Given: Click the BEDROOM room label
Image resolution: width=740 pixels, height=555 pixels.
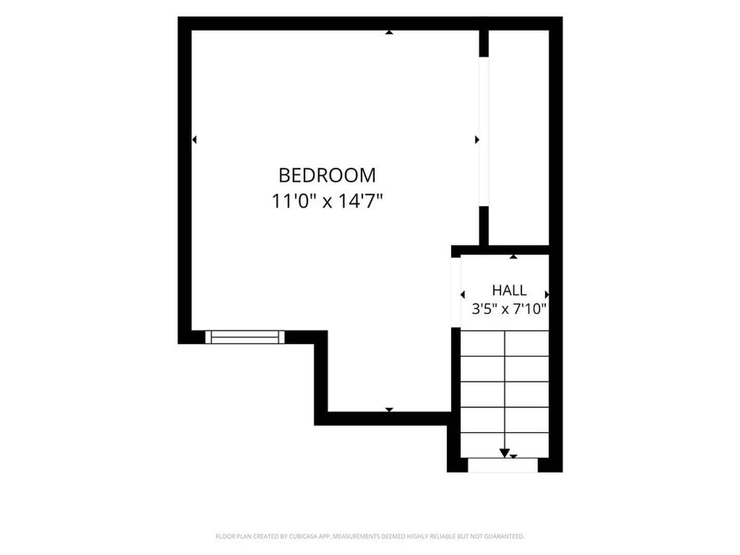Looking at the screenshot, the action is tap(327, 176).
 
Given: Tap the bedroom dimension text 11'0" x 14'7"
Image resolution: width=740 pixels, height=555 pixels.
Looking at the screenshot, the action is tap(327, 201).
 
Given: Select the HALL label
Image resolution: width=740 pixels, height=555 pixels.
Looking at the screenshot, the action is tap(509, 290).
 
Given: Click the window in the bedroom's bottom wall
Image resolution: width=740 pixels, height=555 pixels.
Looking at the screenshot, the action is tap(245, 337).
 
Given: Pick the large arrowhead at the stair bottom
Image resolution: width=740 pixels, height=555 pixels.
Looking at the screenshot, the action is tap(504, 453).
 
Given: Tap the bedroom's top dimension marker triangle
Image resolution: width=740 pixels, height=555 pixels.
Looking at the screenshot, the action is tap(389, 32).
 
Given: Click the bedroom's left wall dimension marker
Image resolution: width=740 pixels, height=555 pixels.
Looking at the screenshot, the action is tap(194, 139).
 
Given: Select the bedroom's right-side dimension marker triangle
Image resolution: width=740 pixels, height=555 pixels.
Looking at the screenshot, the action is tap(477, 139).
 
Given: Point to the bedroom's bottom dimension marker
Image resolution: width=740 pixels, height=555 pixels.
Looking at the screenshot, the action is tap(389, 410).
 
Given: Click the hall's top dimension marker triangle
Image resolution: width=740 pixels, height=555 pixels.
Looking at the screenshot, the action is tap(513, 257).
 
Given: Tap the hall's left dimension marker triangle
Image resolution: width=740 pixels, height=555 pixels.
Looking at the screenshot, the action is tap(462, 295).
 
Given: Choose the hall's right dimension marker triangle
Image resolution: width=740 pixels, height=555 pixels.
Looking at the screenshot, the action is tap(547, 295).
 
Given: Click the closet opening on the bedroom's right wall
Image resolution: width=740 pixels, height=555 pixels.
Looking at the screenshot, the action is tap(484, 132).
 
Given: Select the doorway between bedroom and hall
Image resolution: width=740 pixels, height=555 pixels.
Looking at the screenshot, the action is tap(456, 292).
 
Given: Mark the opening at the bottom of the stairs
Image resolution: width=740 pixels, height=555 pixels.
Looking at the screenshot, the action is tap(503, 465).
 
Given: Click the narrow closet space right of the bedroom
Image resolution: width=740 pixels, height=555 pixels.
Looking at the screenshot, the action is tap(519, 138).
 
